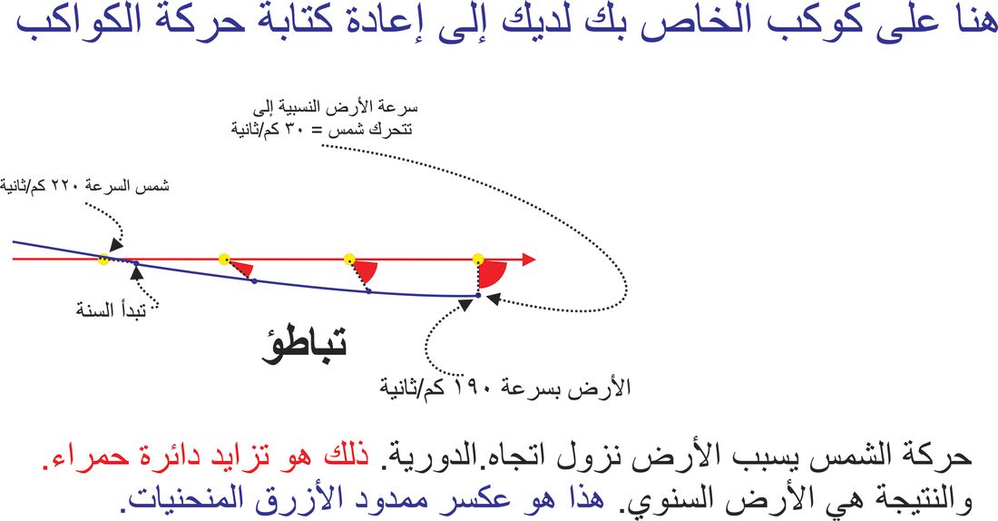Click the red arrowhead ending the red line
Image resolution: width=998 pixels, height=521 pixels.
[528, 260]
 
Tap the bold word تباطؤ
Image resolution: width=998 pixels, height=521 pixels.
[304, 346]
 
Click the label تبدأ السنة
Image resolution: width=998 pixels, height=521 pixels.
[112, 310]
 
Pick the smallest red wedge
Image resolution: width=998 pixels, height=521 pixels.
[241, 268]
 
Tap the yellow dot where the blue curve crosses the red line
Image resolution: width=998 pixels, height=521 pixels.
[103, 259]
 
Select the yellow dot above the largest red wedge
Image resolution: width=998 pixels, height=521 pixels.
[478, 259]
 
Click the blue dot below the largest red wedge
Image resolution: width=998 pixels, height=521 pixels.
[478, 296]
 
